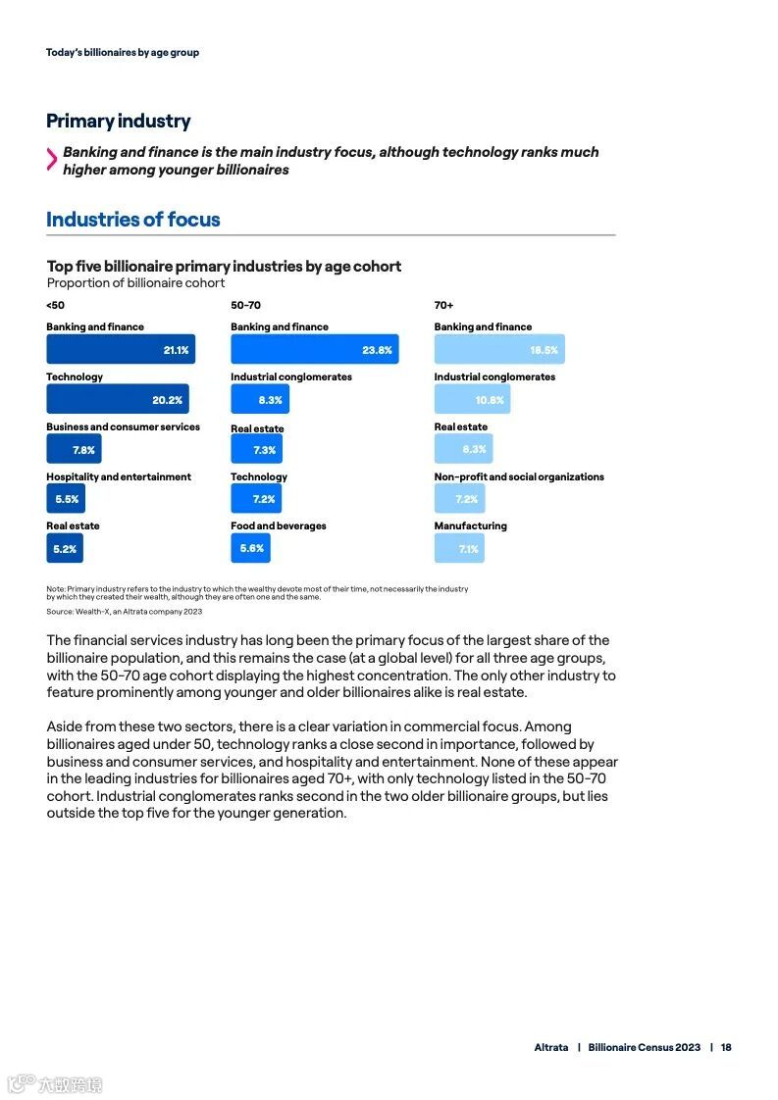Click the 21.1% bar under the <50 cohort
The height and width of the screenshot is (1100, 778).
tap(120, 350)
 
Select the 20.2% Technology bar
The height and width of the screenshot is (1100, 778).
tap(117, 399)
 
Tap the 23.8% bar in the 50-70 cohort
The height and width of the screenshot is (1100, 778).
tap(314, 350)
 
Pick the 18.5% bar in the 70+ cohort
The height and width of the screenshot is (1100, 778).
tap(498, 350)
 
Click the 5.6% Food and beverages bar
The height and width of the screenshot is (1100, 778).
tap(250, 548)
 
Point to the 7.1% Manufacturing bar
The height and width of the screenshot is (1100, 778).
tap(459, 549)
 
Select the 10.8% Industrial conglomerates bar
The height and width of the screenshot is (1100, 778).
tap(472, 399)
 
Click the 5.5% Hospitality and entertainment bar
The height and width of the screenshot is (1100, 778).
tap(65, 499)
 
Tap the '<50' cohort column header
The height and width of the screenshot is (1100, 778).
tap(55, 305)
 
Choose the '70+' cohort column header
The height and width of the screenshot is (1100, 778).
tap(443, 305)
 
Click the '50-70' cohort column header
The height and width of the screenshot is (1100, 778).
tap(245, 305)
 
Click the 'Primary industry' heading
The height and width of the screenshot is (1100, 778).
tap(118, 122)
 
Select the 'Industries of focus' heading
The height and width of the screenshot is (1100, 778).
tap(132, 220)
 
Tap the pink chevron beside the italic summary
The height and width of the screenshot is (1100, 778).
tap(51, 160)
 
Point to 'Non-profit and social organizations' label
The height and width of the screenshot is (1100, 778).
tap(519, 476)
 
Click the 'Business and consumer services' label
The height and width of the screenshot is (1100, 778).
tap(123, 427)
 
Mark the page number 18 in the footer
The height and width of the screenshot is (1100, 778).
tap(726, 1047)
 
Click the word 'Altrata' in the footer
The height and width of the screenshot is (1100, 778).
tap(550, 1047)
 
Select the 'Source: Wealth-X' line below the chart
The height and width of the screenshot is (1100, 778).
tap(124, 611)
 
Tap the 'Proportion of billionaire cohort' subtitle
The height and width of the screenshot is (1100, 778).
tap(135, 283)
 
